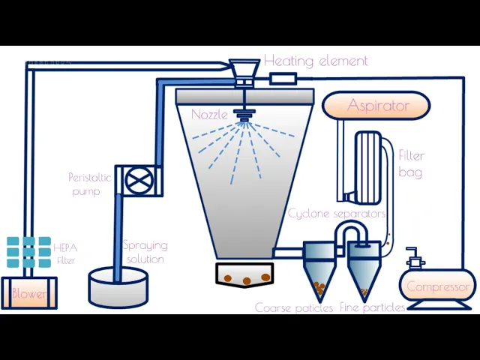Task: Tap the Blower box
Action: (28, 293)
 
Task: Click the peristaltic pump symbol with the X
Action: (137, 181)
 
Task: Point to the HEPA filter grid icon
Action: (29, 252)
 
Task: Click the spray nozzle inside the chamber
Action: (243, 115)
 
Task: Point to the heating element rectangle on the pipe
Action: (283, 78)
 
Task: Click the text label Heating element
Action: (316, 61)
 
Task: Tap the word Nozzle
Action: (209, 115)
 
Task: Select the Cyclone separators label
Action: (337, 214)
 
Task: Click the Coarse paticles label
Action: (294, 307)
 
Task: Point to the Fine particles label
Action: (372, 307)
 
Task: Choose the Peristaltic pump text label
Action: (89, 184)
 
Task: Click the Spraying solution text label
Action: (145, 252)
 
